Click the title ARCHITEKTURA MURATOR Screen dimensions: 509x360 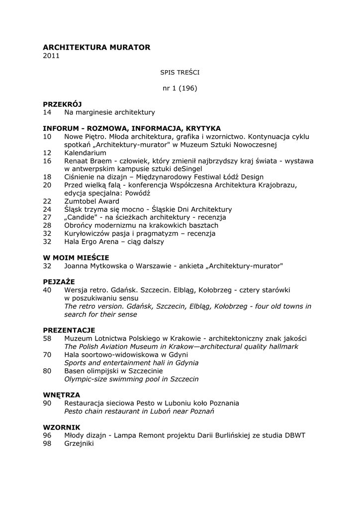coord(96,47)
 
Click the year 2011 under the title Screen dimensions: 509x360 coord(51,56)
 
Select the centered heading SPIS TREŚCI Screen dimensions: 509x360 coord(180,72)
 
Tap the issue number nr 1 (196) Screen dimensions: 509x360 coord(180,88)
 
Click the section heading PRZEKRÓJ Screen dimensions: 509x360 coord(62,104)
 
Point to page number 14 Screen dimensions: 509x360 coord(47,112)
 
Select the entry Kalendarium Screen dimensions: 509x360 coord(85,153)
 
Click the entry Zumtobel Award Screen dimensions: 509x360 coord(91,201)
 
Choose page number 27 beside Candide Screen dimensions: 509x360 coord(47,217)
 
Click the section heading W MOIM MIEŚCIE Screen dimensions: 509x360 coord(76,257)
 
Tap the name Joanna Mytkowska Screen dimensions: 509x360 coord(95,266)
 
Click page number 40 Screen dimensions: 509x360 coord(47,290)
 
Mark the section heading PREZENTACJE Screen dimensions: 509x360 coord(69,330)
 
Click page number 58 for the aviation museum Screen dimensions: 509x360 coord(47,338)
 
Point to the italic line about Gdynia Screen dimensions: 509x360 coord(131,363)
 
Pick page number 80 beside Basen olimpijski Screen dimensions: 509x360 coord(47,371)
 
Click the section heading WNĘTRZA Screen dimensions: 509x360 coord(61,395)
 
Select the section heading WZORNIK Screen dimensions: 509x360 coord(61,427)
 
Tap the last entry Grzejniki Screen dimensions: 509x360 coord(79,443)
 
